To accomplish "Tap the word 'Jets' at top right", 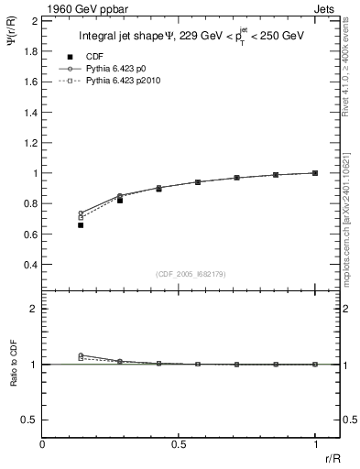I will (324, 7).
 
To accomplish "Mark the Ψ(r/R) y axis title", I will (12, 41).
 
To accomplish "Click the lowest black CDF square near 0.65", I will (81, 225).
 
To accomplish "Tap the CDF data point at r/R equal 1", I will (315, 173).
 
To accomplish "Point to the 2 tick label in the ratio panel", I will (33, 310).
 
